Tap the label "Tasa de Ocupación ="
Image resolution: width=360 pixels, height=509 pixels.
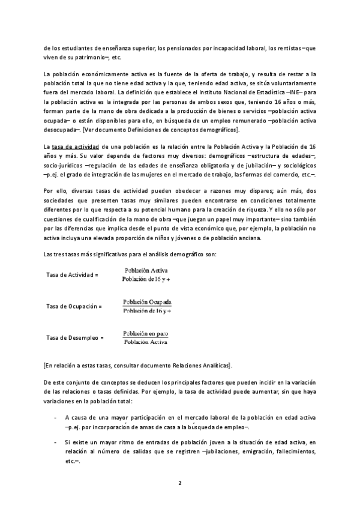click(74, 306)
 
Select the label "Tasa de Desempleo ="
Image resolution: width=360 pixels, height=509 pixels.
click(75, 339)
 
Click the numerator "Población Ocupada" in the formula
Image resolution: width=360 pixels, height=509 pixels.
click(147, 302)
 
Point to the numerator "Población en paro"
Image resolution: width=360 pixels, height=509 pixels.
click(146, 333)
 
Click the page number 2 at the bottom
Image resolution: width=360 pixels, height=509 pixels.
click(179, 483)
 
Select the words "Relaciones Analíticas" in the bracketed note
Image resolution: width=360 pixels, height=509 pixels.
click(198, 366)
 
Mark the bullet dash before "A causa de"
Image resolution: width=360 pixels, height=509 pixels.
click(55, 417)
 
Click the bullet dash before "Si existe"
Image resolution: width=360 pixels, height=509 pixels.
click(55, 442)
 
